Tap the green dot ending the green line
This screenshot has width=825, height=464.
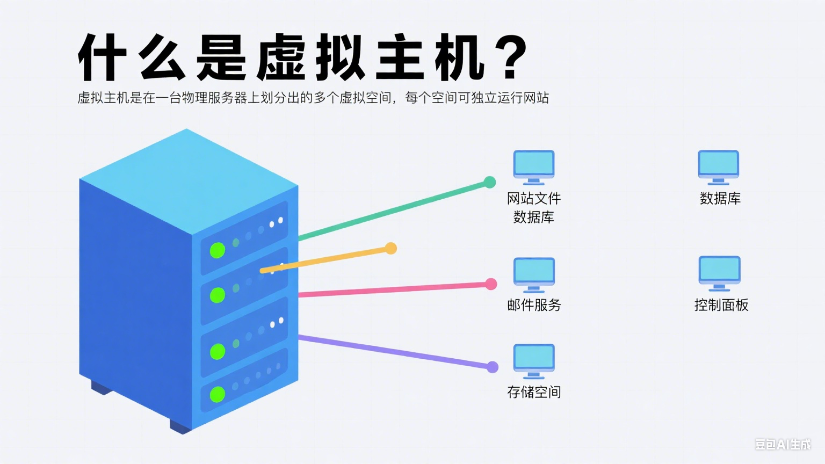[489, 182]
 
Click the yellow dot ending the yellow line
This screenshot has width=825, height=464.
[391, 248]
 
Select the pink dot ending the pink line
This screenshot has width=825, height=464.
[491, 284]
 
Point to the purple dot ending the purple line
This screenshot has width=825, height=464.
[492, 367]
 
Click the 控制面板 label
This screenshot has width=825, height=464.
[721, 305]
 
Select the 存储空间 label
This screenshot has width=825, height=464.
[534, 392]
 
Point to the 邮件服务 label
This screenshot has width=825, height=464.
[534, 305]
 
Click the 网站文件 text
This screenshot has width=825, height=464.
[534, 199]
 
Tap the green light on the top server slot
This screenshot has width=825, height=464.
[217, 250]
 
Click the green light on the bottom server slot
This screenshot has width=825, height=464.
[217, 394]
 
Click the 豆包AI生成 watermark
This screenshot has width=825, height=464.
[783, 444]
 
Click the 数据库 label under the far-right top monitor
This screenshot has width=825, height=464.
[720, 199]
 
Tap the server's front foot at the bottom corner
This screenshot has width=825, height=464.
[181, 426]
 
